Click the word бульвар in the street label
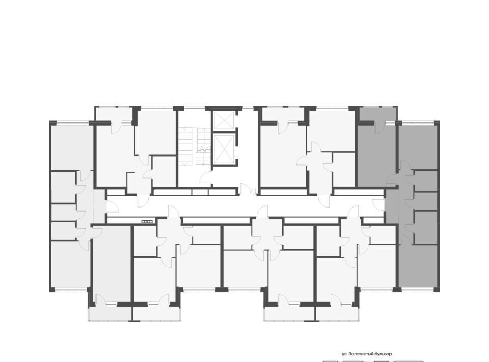click(382, 354)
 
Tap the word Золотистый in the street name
click(360, 354)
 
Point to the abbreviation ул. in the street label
click(345, 354)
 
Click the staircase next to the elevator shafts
click(195, 147)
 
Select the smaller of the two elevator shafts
click(224, 120)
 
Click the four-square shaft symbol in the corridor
click(147, 222)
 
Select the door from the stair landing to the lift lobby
click(206, 177)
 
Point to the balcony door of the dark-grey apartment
click(380, 126)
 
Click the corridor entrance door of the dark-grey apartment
click(378, 204)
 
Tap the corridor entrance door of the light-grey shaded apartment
click(112, 208)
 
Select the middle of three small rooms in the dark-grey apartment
click(425, 201)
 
